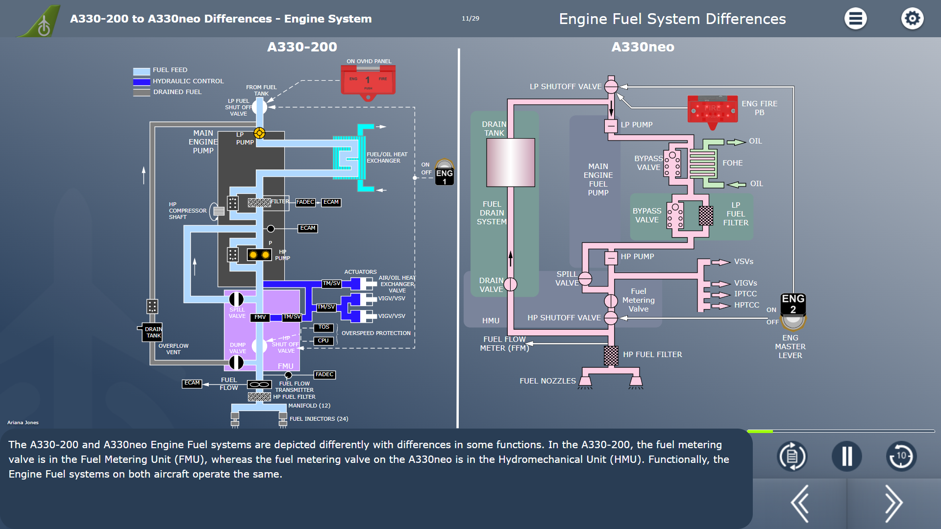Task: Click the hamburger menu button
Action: click(855, 19)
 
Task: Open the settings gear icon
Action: click(912, 19)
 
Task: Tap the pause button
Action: click(846, 456)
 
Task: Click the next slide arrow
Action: click(893, 504)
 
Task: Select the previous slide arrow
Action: click(800, 504)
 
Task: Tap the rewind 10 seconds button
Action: click(901, 456)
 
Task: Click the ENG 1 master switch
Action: click(444, 172)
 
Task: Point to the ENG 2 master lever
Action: click(793, 312)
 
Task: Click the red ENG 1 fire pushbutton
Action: click(368, 81)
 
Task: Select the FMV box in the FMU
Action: click(260, 317)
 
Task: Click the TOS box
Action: click(324, 327)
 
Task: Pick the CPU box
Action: click(323, 341)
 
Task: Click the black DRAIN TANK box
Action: click(153, 332)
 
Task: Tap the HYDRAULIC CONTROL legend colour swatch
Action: click(142, 82)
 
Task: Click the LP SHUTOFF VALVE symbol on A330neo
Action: click(611, 87)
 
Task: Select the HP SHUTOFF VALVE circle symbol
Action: click(611, 318)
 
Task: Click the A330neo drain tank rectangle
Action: click(510, 162)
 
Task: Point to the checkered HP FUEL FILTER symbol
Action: click(611, 356)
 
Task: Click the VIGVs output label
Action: click(745, 283)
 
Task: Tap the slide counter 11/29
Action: click(470, 19)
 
